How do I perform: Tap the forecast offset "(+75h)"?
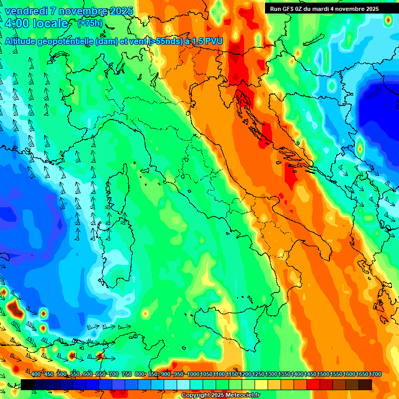click(x=89, y=23)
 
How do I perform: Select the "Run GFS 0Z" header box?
click(x=324, y=8)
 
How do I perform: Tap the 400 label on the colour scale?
click(x=35, y=375)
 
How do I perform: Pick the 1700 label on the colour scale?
click(x=362, y=375)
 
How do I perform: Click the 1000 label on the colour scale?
click(x=193, y=375)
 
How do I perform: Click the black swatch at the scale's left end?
click(x=28, y=384)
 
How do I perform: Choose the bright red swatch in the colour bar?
click(x=313, y=384)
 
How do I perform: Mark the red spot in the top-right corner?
click(x=388, y=20)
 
